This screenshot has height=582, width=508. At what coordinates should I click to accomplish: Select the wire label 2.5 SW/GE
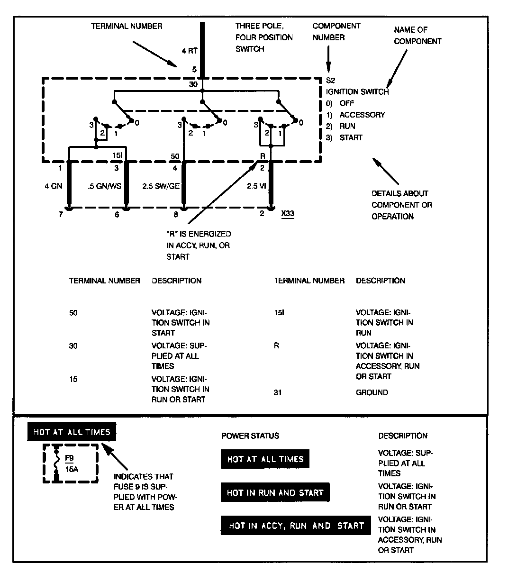[161, 186]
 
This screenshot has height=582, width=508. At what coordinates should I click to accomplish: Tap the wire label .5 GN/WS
[104, 186]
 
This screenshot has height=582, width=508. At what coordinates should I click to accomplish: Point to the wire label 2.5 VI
[256, 186]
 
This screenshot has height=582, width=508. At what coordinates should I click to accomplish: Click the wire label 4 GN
[54, 186]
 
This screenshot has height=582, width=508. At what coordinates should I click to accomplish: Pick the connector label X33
[287, 214]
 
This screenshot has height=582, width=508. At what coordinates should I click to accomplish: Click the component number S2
[331, 81]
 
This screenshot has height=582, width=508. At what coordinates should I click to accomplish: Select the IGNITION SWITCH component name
[357, 92]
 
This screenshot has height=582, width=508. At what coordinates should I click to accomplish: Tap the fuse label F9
[69, 458]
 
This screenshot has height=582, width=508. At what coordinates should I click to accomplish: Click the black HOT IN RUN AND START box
[275, 493]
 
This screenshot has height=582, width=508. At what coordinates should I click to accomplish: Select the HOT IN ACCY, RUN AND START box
[296, 526]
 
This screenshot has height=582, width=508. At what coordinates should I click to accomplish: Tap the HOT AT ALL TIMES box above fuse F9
[72, 432]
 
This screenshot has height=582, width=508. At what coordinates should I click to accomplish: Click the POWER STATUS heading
[250, 436]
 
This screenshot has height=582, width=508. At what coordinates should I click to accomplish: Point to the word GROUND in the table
[372, 392]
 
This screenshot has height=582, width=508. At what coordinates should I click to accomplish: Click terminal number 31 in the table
[278, 392]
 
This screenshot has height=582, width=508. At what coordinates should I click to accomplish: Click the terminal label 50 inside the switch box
[175, 155]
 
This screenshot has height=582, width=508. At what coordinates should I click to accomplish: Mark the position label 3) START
[344, 137]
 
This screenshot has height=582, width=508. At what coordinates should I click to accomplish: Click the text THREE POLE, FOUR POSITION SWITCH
[264, 37]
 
